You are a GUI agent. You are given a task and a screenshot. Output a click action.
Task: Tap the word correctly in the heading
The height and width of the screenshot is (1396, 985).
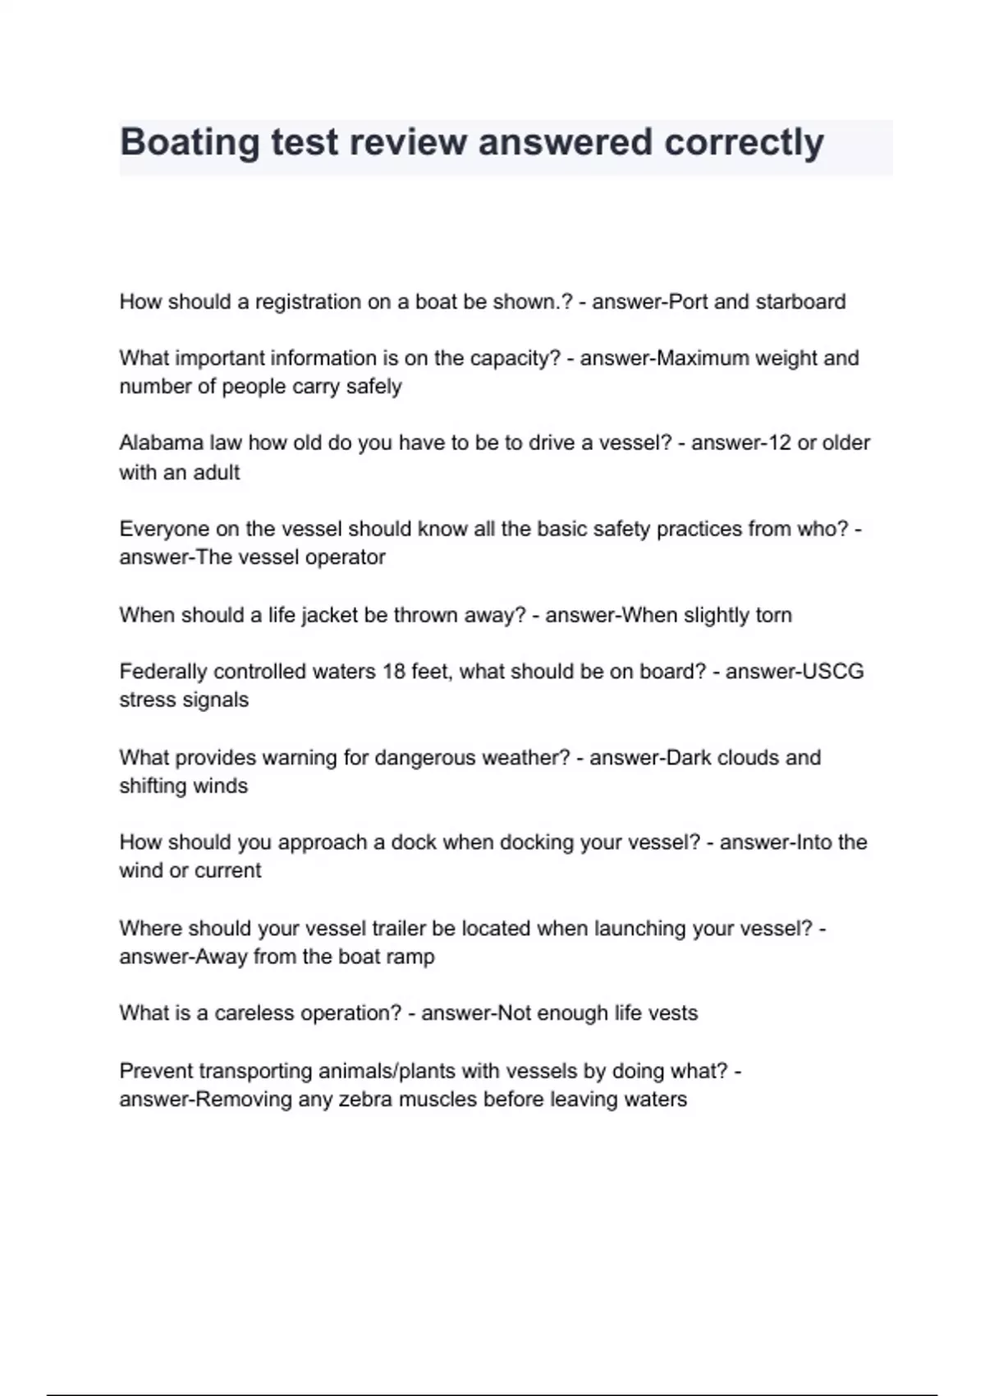coord(744,143)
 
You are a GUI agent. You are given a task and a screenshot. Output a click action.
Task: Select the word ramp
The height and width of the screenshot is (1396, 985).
coord(411,957)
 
